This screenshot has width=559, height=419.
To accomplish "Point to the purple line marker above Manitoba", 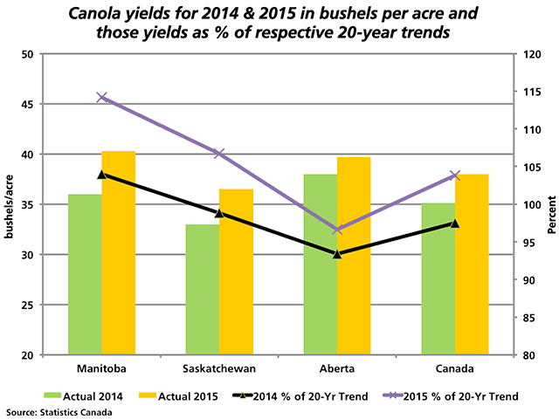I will pyautogui.click(x=102, y=97).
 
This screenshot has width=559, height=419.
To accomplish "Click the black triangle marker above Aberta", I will pyautogui.click(x=337, y=253).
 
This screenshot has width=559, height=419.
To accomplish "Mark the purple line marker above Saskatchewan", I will pyautogui.click(x=219, y=154).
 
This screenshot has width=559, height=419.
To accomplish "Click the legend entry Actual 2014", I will pyautogui.click(x=96, y=396).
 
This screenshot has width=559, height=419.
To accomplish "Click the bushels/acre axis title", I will pyautogui.click(x=10, y=205).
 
